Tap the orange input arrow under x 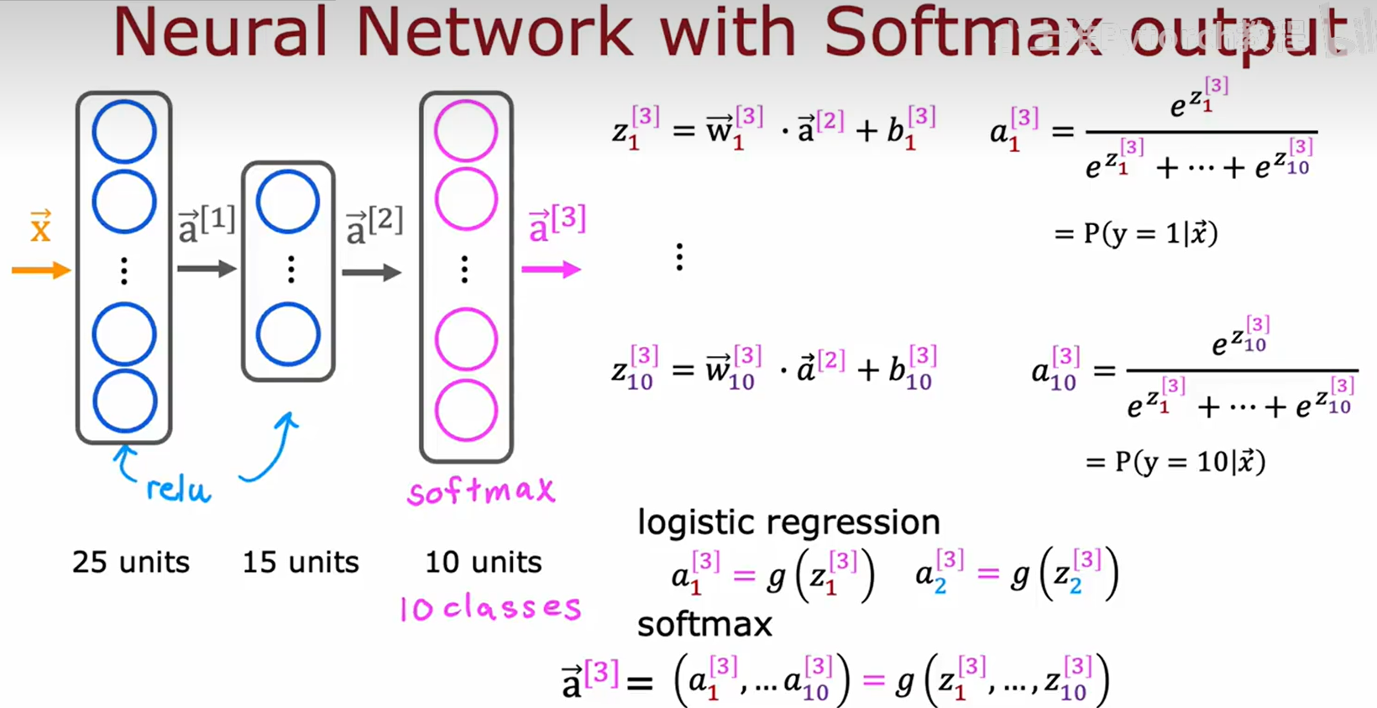(x=41, y=270)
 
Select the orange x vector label (x=40, y=227)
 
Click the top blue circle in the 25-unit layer (x=124, y=132)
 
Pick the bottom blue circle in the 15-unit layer (x=288, y=335)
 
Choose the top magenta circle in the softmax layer (x=466, y=131)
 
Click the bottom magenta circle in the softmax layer (x=466, y=411)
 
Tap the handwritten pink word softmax (x=481, y=490)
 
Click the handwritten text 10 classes (x=490, y=607)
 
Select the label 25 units (x=131, y=562)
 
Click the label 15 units (x=301, y=562)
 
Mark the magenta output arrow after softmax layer (x=551, y=270)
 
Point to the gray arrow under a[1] (x=207, y=269)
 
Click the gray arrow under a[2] (x=372, y=272)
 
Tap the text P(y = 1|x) (x=1135, y=233)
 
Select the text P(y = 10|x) (x=1175, y=461)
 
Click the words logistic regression (x=788, y=522)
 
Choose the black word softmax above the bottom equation (x=704, y=624)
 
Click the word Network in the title (x=494, y=34)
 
